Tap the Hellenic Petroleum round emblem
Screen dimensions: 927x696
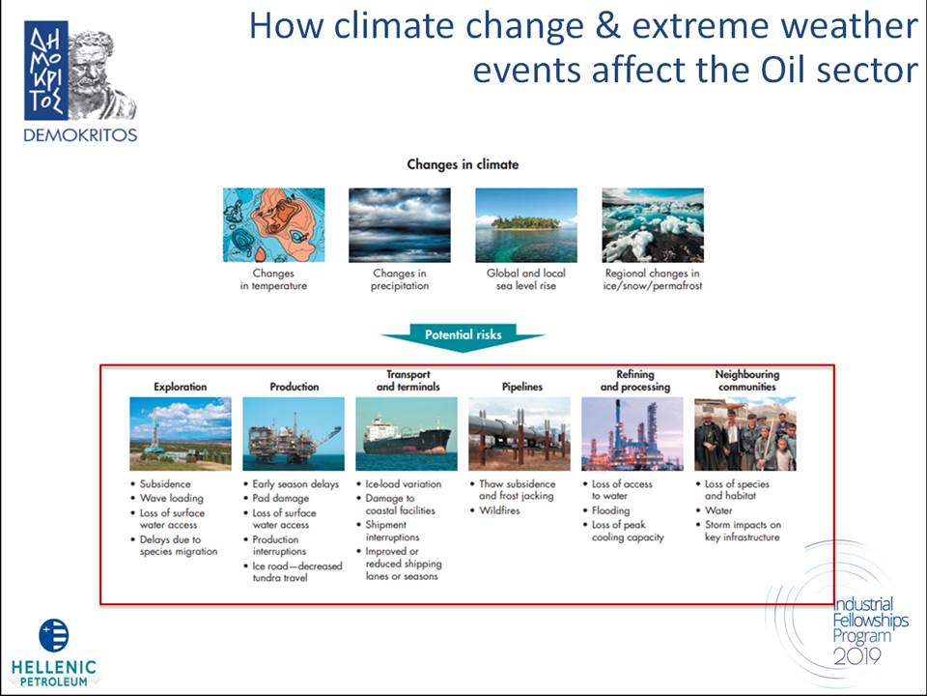pos(54,635)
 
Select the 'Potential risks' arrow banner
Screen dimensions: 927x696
pos(463,336)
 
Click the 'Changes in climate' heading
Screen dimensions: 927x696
pos(463,164)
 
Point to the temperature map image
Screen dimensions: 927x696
pos(273,225)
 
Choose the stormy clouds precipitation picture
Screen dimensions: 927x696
pos(400,225)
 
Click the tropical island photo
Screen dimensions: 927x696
pos(526,225)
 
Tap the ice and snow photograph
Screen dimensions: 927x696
pos(653,225)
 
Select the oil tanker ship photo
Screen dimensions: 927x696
pos(407,434)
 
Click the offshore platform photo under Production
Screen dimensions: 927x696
pos(294,434)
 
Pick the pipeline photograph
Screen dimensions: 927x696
pos(520,434)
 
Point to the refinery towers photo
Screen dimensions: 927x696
pos(632,434)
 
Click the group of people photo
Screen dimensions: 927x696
pos(744,434)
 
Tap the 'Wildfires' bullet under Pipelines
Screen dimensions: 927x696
pos(499,510)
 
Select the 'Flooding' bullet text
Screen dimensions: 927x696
pos(610,510)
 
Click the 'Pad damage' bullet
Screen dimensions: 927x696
pos(281,499)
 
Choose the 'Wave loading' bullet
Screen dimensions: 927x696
pos(172,499)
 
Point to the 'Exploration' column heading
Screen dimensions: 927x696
pos(181,387)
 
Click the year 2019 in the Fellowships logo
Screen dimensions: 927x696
pos(857,655)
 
